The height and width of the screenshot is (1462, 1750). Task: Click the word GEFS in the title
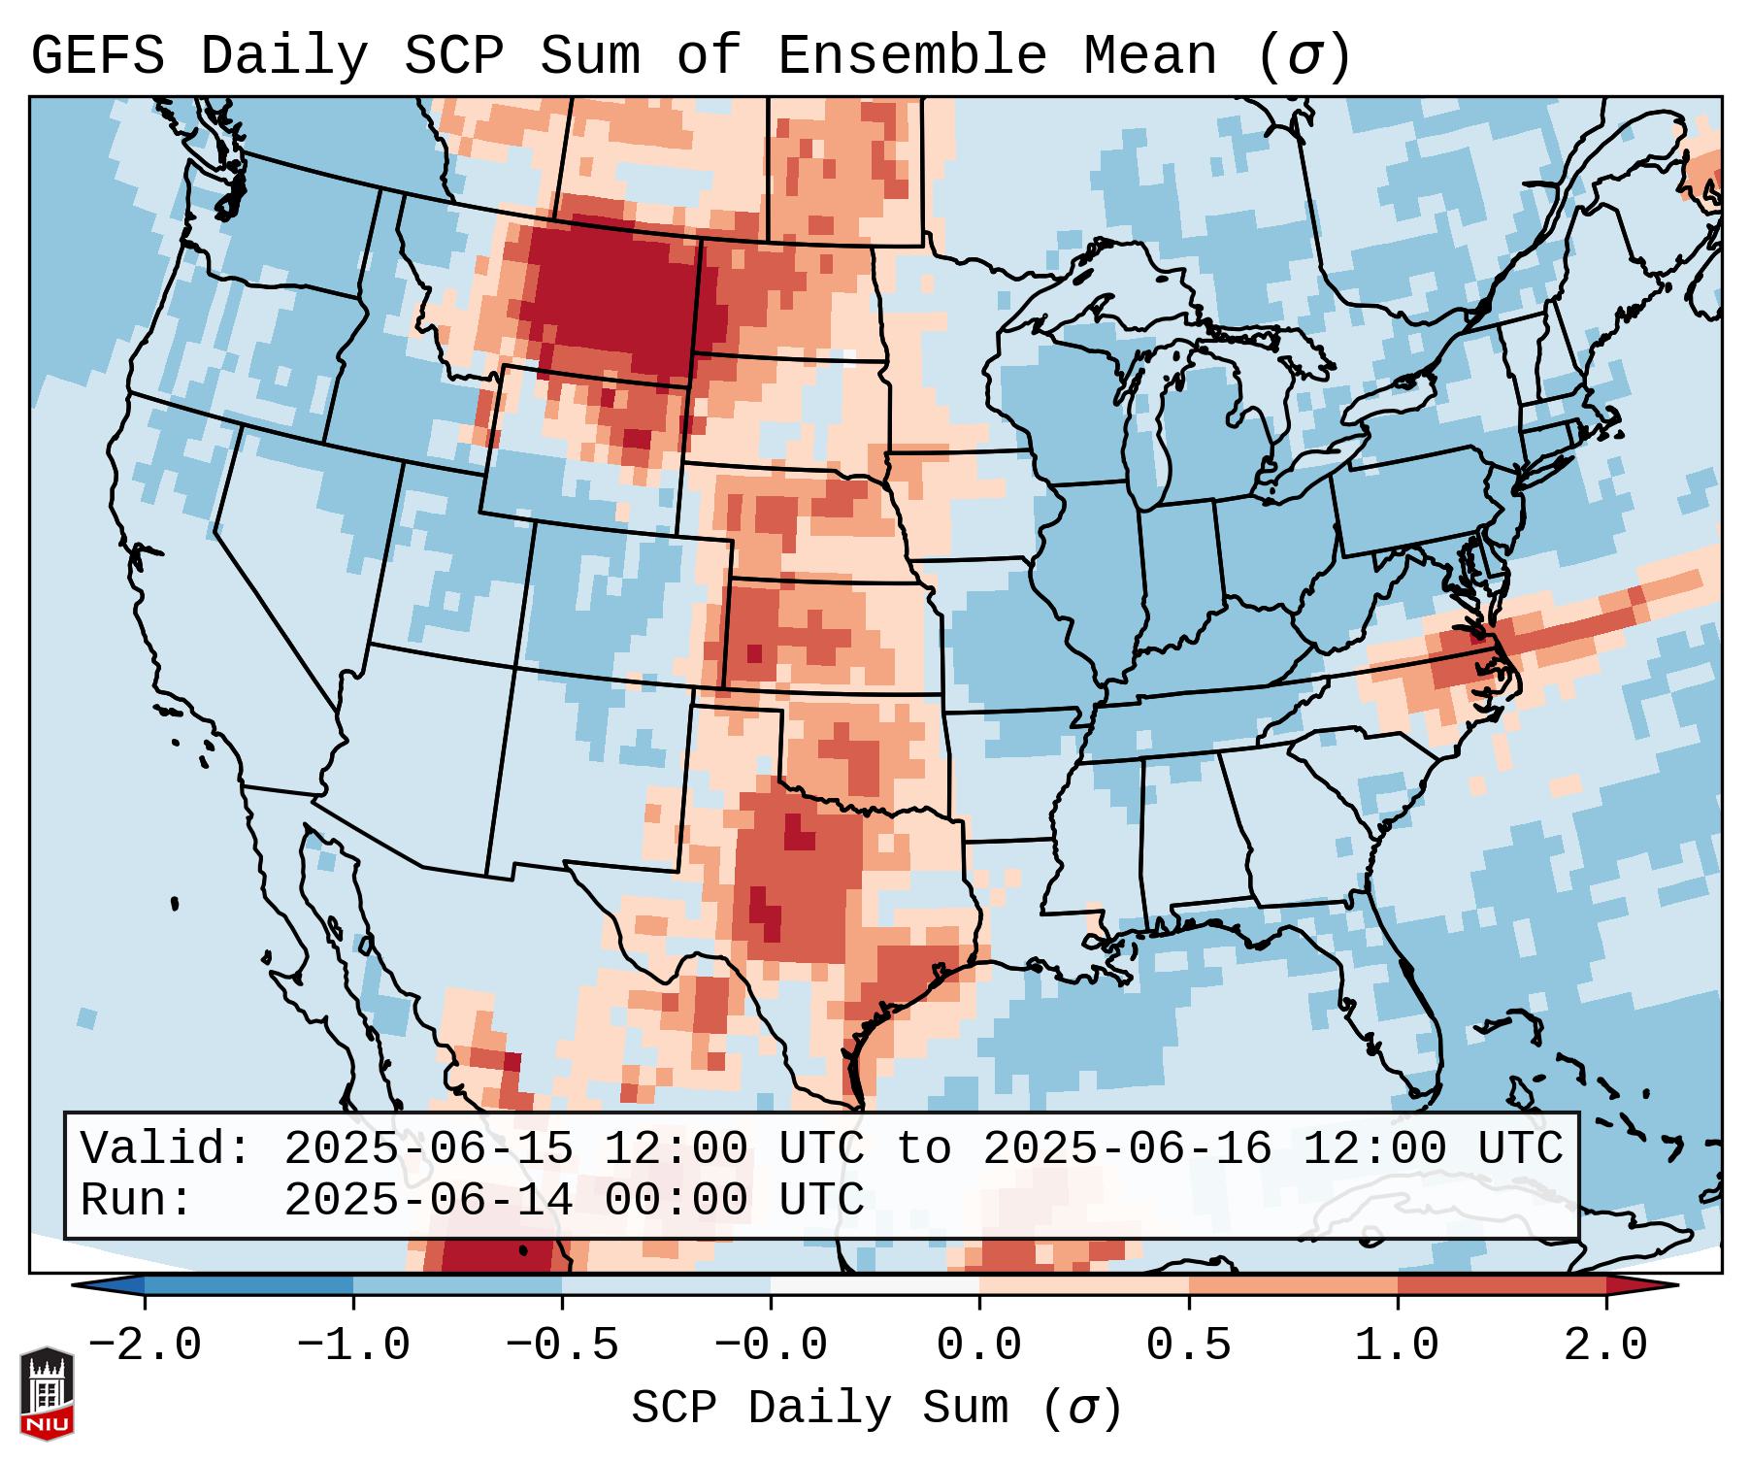97,56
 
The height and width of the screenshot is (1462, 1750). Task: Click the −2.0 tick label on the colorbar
145,1346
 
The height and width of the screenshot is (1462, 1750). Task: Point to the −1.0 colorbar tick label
353,1346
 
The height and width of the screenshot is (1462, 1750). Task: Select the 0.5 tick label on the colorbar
1188,1346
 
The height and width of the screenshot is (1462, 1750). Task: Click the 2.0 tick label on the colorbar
1605,1346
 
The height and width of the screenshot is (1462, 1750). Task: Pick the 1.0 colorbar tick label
1397,1346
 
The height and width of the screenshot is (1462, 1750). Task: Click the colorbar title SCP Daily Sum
819,1408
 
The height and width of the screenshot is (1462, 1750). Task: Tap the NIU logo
47,1393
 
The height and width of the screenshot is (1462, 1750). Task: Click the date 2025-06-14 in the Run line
428,1200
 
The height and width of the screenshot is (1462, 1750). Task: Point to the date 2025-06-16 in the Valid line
1127,1148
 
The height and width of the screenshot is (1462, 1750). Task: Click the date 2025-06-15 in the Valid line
428,1148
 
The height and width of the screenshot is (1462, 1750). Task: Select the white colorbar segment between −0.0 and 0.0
875,1285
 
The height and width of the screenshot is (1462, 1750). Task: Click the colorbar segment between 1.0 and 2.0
1502,1285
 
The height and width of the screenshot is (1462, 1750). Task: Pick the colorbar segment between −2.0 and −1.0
248,1285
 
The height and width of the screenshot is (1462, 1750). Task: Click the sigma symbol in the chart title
1304,56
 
